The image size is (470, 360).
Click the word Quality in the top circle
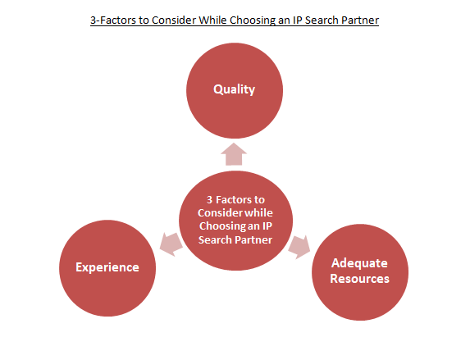click(234, 89)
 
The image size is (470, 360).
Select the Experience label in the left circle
click(107, 267)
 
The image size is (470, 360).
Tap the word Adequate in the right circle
click(359, 263)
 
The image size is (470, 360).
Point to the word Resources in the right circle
click(360, 279)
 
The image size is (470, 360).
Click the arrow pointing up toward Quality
click(234, 154)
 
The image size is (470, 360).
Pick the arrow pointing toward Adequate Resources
click(299, 247)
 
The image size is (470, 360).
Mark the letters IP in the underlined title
click(298, 20)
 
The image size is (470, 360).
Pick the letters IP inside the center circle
click(267, 226)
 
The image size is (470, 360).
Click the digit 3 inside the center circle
click(209, 199)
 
